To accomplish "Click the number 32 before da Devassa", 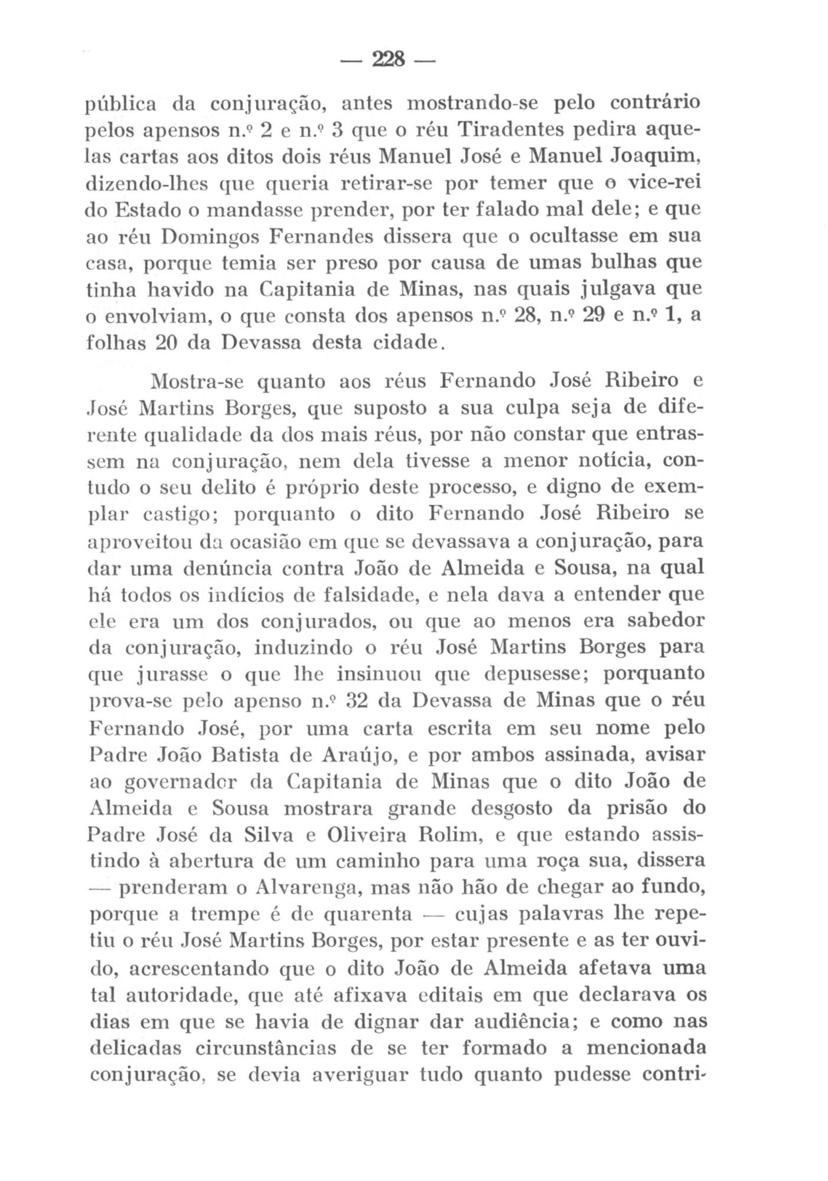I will [x=357, y=702].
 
